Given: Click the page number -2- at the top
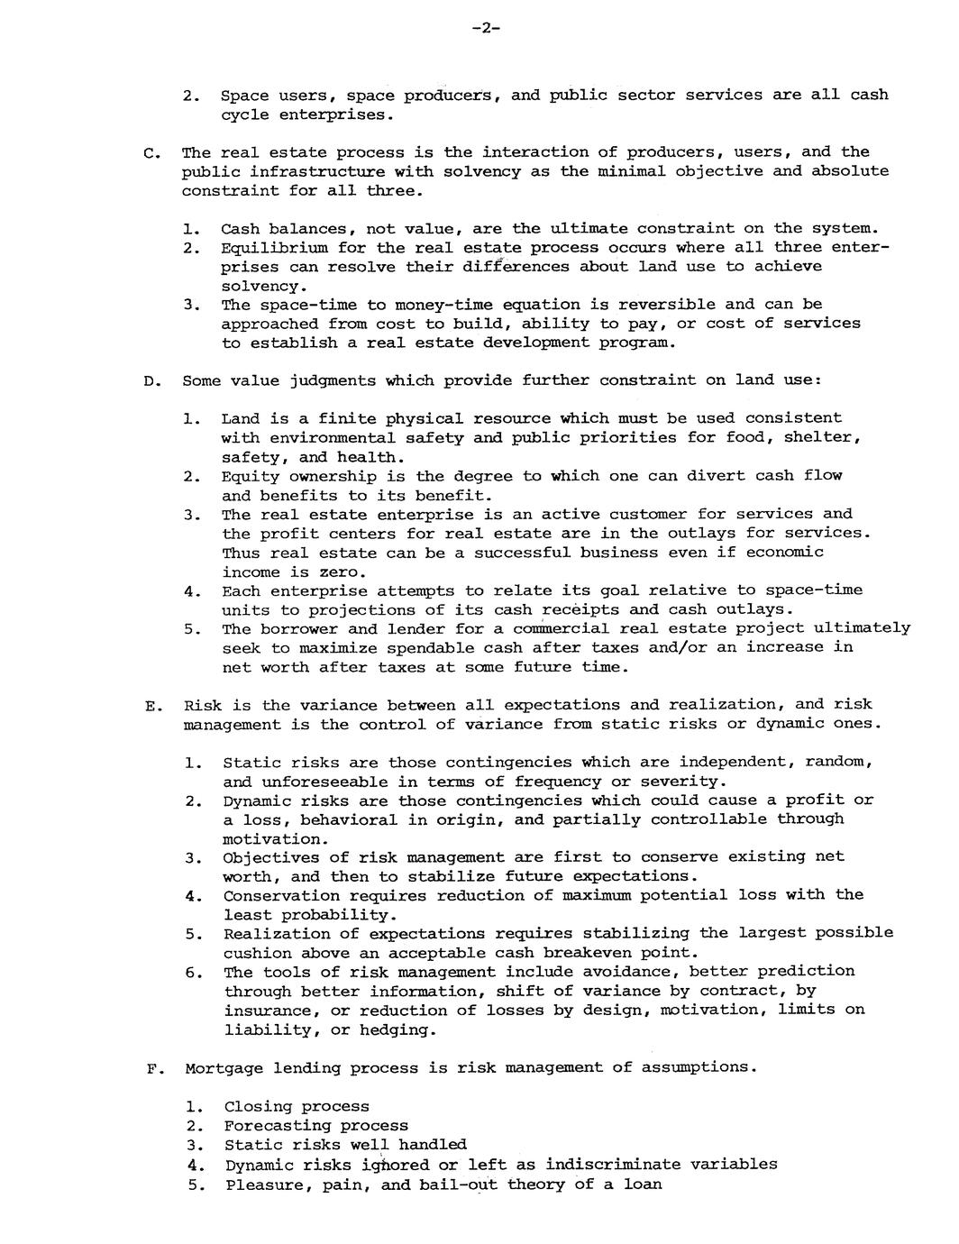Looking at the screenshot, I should [x=484, y=28].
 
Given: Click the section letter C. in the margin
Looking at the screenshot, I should [x=150, y=152].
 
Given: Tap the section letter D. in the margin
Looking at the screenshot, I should [x=151, y=381].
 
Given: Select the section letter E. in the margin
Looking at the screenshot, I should [x=151, y=706].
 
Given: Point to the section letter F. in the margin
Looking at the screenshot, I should [x=151, y=1069].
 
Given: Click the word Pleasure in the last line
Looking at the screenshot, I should [x=262, y=1185].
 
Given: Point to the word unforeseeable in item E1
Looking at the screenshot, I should [x=313, y=782].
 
